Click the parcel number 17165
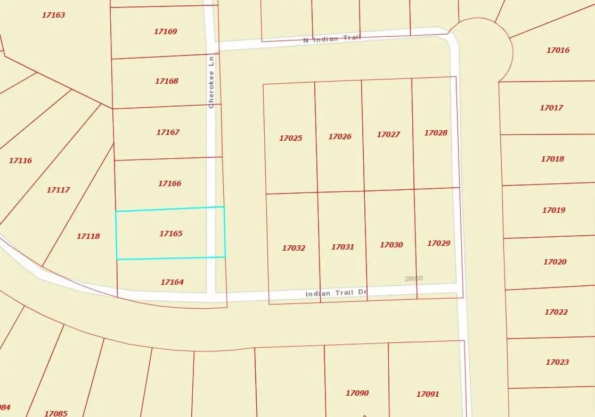[x=171, y=234]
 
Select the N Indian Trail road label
[x=332, y=38]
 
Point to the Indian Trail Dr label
[x=337, y=293]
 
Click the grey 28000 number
[x=413, y=278]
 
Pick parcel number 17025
[x=290, y=138]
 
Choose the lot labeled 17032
[x=294, y=248]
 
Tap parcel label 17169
[x=165, y=31]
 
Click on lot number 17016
[x=558, y=50]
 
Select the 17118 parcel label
[x=88, y=236]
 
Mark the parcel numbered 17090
[x=357, y=393]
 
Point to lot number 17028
[x=436, y=133]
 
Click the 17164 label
[x=172, y=282]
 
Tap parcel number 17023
[x=557, y=362]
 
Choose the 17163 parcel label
[x=53, y=15]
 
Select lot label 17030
[x=391, y=245]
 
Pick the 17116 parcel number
[x=20, y=161]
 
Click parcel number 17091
[x=427, y=394]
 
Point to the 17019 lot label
[x=553, y=210]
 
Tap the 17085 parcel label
[x=55, y=413]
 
